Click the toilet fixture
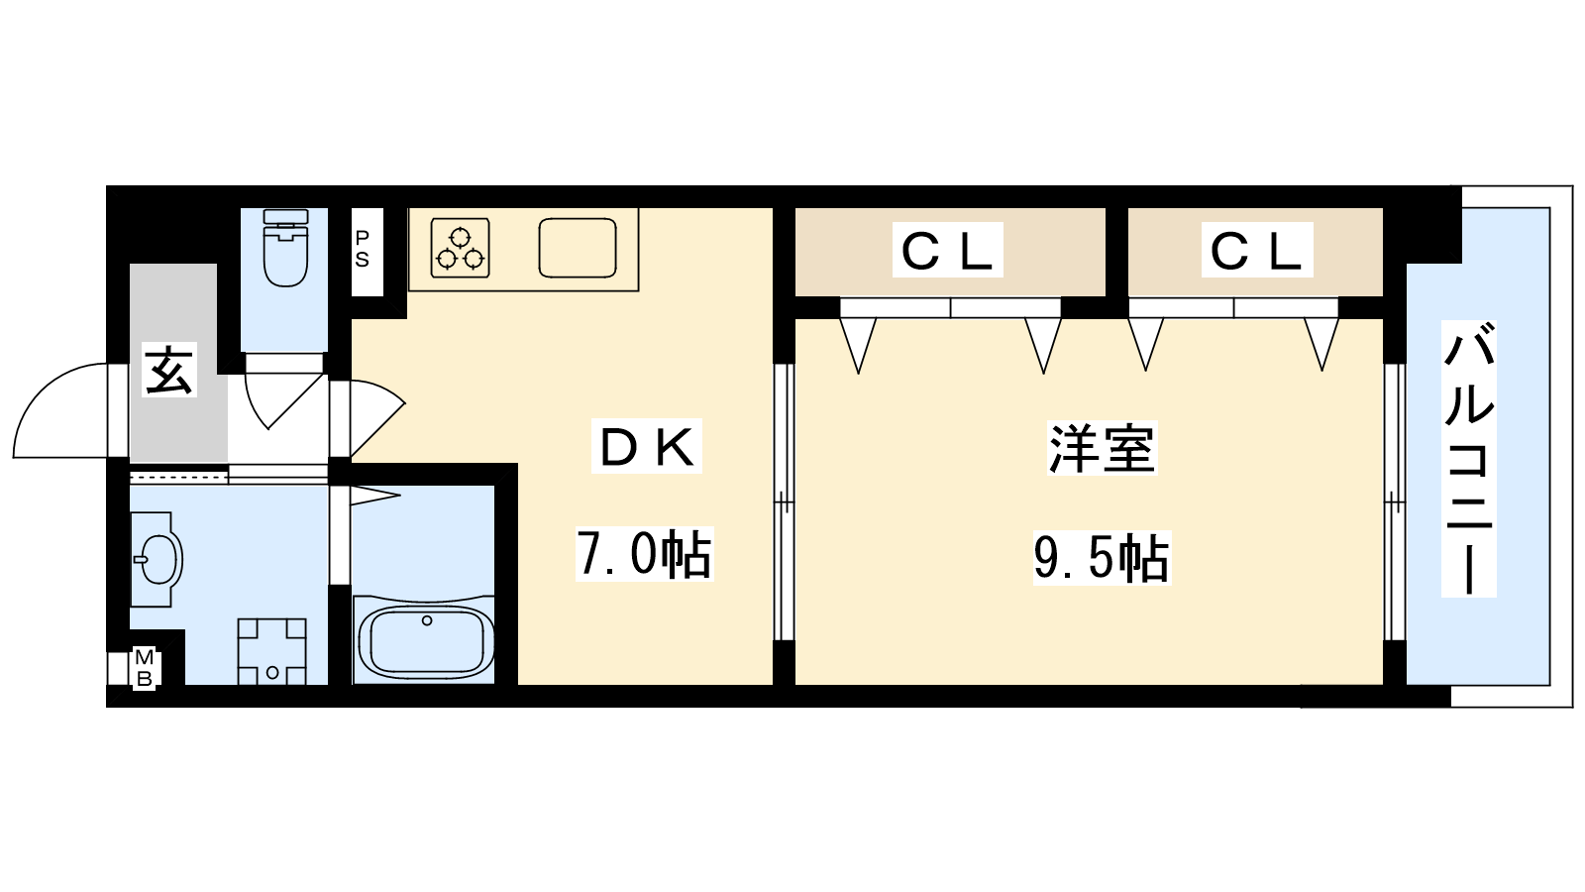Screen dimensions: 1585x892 tap(285, 247)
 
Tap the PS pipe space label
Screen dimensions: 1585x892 tap(363, 249)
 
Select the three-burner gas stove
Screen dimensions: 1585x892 tap(461, 247)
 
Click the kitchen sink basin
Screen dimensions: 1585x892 tap(578, 247)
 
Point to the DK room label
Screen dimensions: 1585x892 tap(647, 446)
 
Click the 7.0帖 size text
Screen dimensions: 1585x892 tap(644, 554)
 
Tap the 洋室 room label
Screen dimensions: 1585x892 tap(1102, 447)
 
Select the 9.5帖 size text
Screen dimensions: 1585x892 tap(1102, 558)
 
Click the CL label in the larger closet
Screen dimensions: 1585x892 tap(947, 250)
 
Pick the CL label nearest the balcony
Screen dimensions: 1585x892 tap(1257, 250)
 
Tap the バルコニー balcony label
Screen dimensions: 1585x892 tap(1468, 458)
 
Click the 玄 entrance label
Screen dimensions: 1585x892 tap(169, 370)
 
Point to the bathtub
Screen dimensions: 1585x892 tap(427, 639)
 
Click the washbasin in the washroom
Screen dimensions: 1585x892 tap(158, 559)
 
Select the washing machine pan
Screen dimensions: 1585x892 tap(272, 651)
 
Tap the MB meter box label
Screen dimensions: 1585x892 tap(145, 668)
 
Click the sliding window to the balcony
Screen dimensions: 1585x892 tap(1394, 502)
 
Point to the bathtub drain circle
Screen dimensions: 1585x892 tap(427, 620)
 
